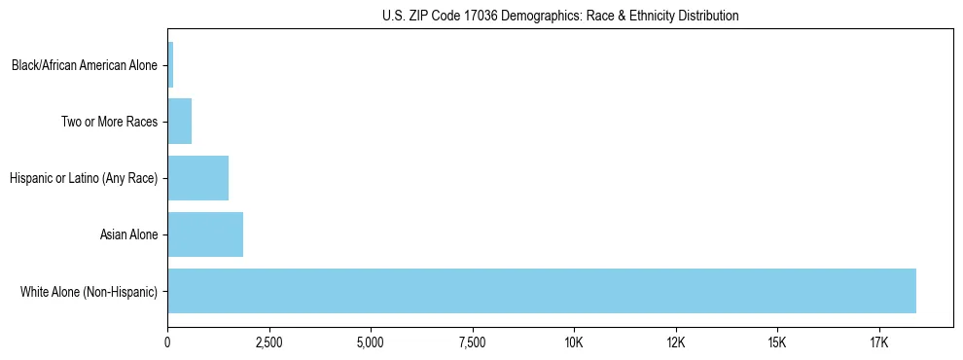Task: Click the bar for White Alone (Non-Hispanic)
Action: click(x=542, y=291)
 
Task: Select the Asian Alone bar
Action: click(x=205, y=234)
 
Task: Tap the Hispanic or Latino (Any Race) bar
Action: click(x=197, y=178)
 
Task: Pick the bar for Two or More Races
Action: click(x=180, y=122)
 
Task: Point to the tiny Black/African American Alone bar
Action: click(x=170, y=65)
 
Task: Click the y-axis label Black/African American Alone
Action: click(x=85, y=66)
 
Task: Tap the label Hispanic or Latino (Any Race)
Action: click(x=83, y=179)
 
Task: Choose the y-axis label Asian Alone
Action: click(x=128, y=235)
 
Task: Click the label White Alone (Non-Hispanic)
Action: click(x=89, y=292)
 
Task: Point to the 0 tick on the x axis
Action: click(x=167, y=342)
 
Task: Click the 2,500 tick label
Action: click(x=268, y=342)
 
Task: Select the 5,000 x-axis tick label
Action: click(x=371, y=342)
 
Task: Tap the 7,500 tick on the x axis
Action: click(x=472, y=342)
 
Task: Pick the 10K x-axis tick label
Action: click(x=574, y=342)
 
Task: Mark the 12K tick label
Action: click(x=675, y=342)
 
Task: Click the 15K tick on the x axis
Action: click(x=777, y=342)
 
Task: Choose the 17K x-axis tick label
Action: click(x=878, y=342)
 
